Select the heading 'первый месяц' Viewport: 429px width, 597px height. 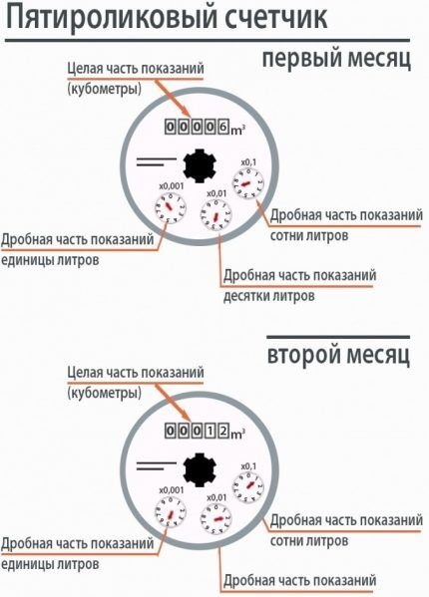click(336, 59)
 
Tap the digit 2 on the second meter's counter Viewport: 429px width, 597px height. click(224, 432)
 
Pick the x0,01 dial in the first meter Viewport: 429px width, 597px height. click(215, 213)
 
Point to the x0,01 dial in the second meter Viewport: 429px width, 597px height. click(214, 516)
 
